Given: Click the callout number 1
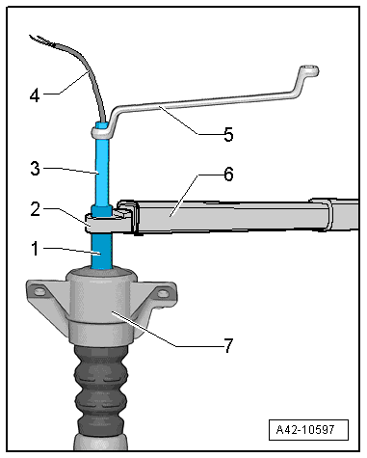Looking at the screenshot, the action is pos(35,249).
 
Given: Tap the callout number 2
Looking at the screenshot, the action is pos(36,209).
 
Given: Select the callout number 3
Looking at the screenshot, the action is pos(35,169).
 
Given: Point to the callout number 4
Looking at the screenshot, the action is pos(35,95).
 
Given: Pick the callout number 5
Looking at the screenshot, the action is pos(228,134).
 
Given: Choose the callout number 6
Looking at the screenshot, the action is pos(228,175).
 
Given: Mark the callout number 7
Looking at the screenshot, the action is pos(228,346).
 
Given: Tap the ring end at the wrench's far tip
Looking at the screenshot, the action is pos(309,70).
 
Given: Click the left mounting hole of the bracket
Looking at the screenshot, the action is pos(39,292).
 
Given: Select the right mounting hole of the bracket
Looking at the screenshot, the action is pos(163,293).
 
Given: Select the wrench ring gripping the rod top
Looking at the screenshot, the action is pos(101,132).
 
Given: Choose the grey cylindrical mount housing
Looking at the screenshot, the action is pos(101,306).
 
